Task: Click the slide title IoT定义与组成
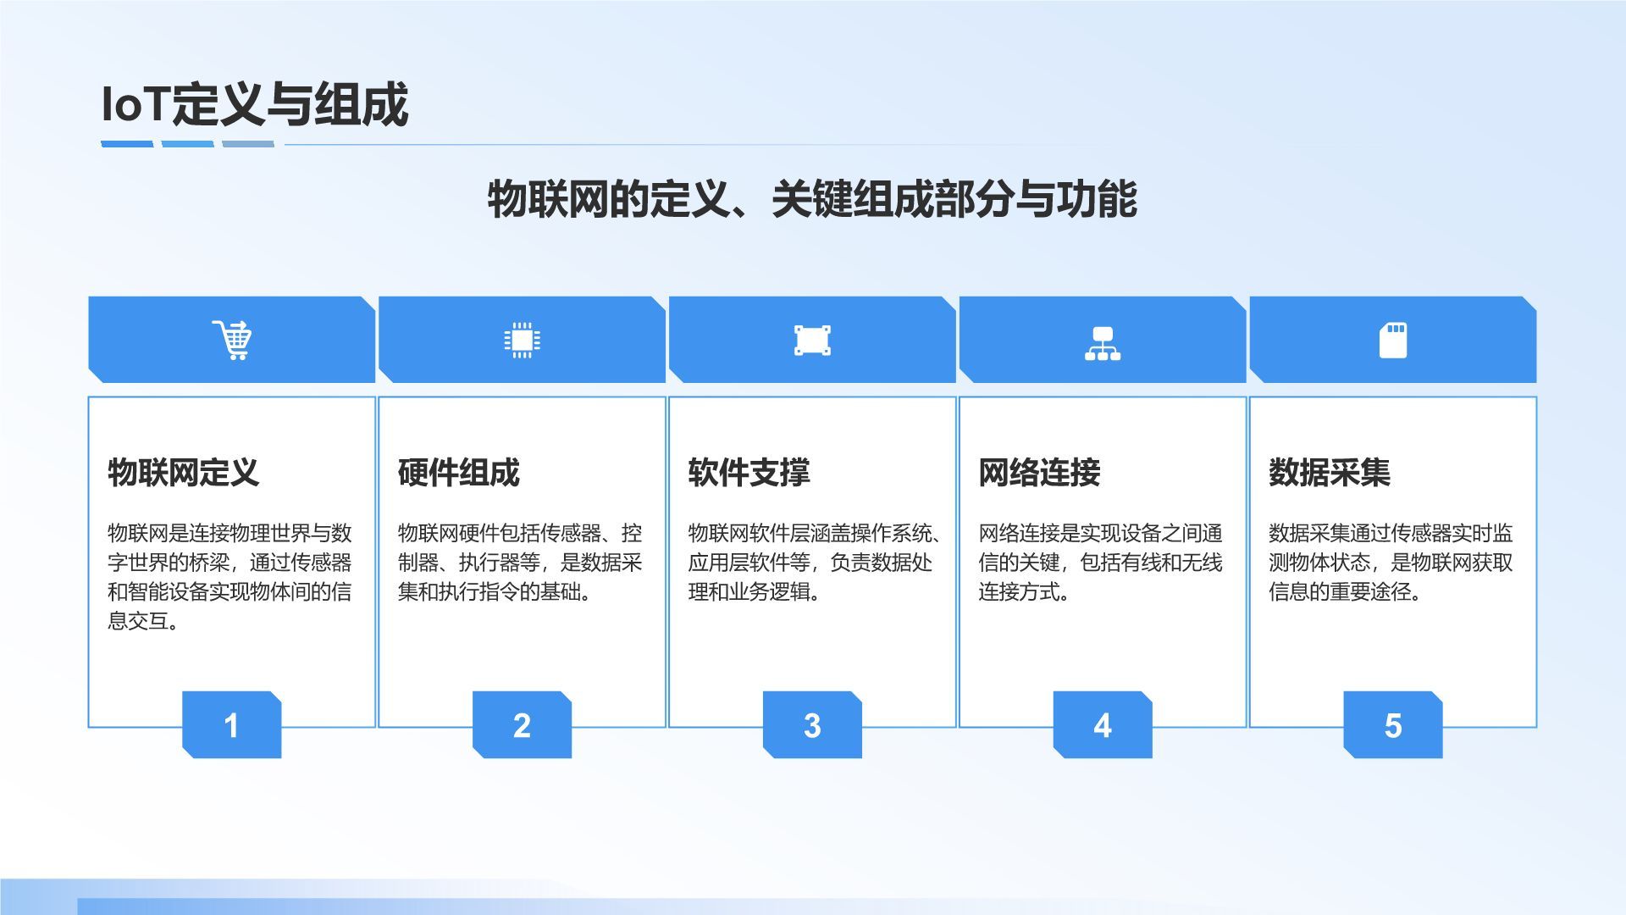click(x=254, y=105)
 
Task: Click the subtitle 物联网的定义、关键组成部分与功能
click(x=811, y=200)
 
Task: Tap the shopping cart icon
click(x=232, y=340)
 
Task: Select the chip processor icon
click(x=522, y=340)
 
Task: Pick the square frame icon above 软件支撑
click(x=812, y=340)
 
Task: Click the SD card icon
click(x=1392, y=340)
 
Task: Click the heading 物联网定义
click(x=183, y=472)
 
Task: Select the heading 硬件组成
click(x=458, y=472)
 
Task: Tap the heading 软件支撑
click(x=749, y=472)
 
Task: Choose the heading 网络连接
click(x=1039, y=472)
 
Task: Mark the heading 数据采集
click(x=1330, y=472)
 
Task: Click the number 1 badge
click(x=231, y=725)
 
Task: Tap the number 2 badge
click(x=522, y=725)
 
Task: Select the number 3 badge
click(x=812, y=725)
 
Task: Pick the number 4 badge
click(x=1102, y=725)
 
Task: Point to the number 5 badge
click(x=1392, y=725)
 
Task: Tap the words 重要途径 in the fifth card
click(x=1369, y=591)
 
